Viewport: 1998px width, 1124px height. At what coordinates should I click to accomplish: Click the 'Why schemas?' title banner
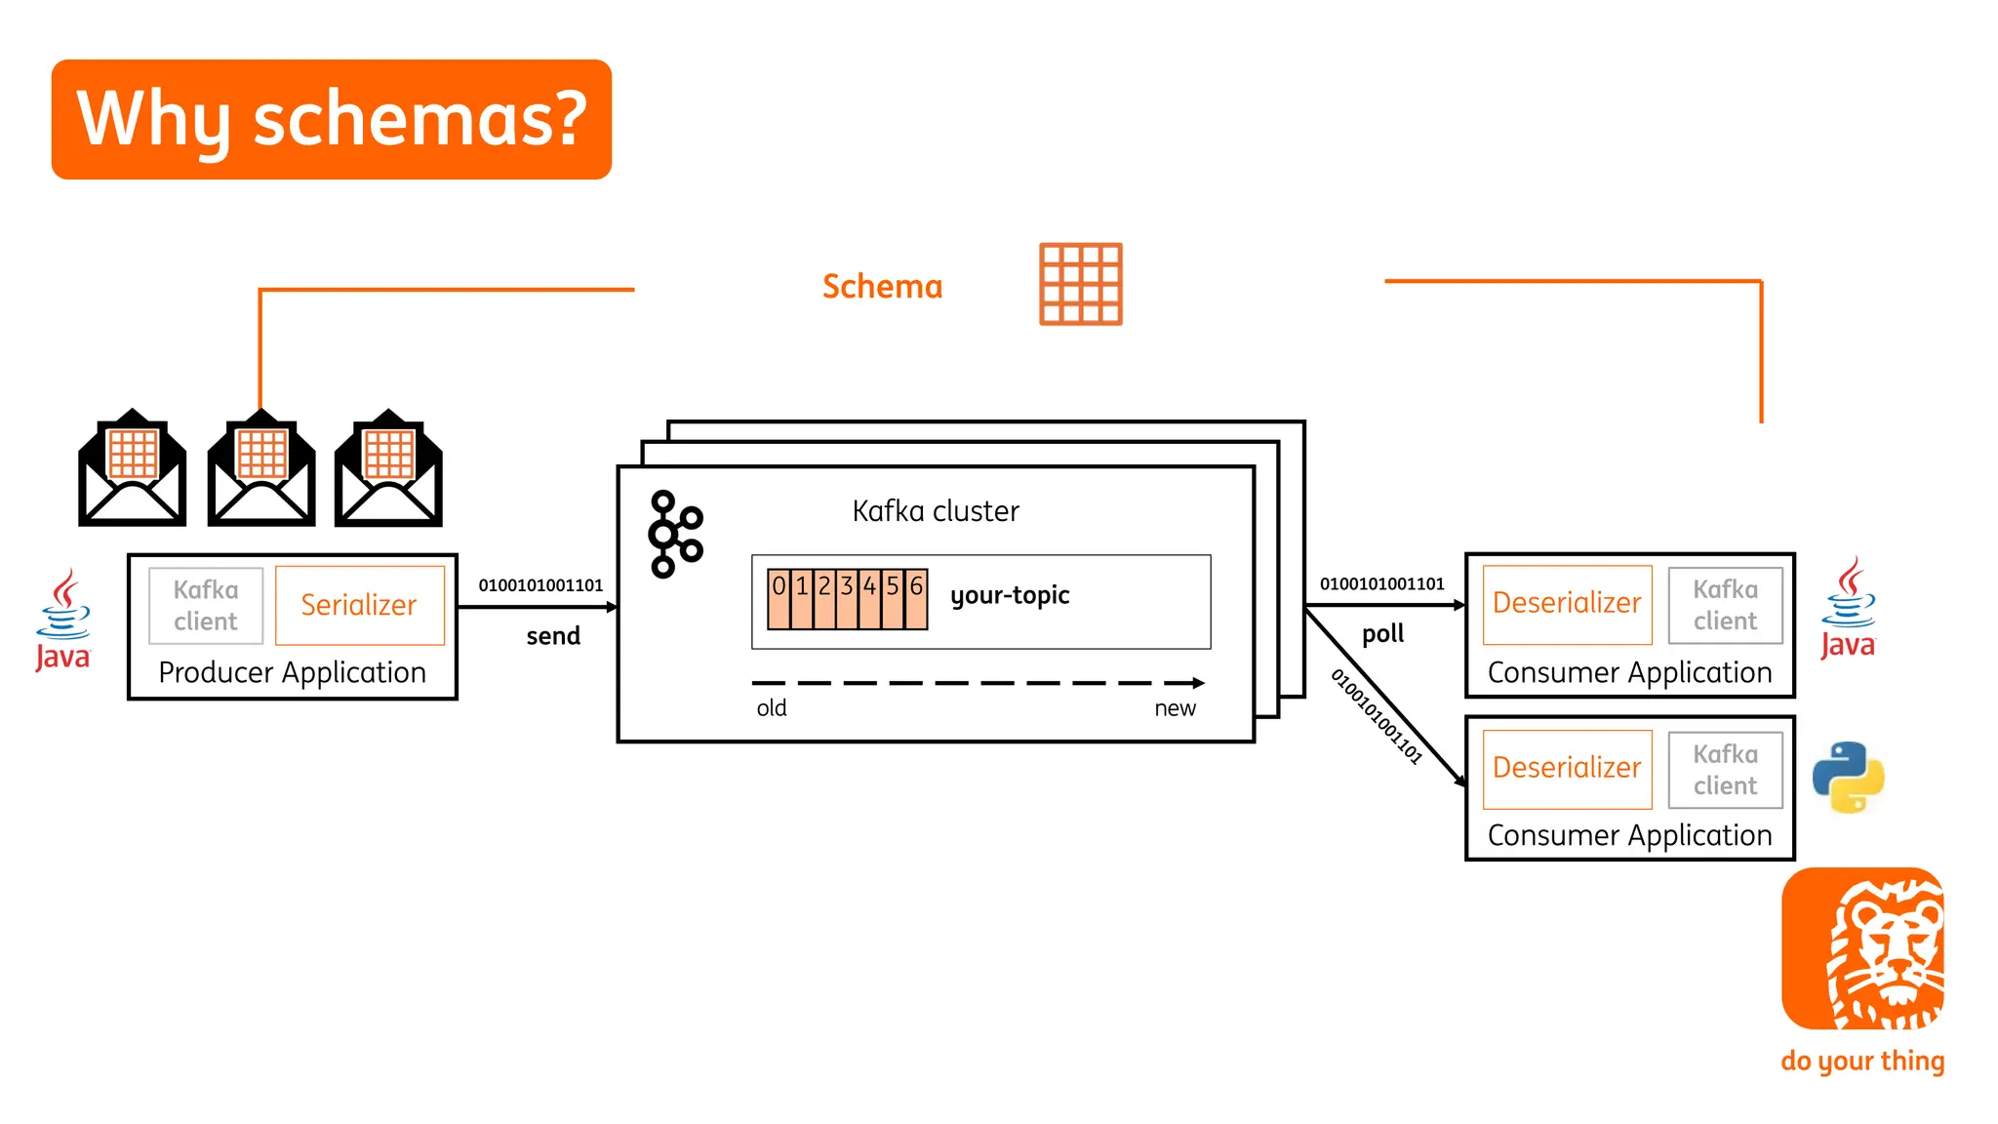[331, 119]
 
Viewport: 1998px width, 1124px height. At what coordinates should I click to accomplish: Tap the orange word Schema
[882, 287]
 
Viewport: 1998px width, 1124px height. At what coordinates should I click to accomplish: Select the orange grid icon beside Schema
[1080, 284]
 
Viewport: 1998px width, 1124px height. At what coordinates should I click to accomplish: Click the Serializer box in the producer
[359, 605]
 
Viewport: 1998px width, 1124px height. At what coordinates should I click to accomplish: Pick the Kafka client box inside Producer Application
[206, 606]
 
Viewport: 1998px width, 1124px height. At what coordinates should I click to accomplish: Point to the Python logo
[1848, 778]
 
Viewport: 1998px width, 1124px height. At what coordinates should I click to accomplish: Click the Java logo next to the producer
[63, 621]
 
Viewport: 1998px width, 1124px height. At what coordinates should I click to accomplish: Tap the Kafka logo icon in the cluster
[674, 534]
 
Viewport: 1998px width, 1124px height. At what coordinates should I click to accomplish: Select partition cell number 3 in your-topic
[847, 598]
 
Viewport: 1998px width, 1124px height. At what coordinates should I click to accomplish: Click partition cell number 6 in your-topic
[916, 598]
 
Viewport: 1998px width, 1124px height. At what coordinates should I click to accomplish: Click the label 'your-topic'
[1010, 595]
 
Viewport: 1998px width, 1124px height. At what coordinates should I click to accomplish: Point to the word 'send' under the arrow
[553, 636]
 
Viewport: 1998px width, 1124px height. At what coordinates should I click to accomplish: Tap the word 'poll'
[1382, 634]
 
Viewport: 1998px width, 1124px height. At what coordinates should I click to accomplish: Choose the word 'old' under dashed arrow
[771, 708]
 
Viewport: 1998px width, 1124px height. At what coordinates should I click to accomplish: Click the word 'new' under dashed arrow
[1175, 708]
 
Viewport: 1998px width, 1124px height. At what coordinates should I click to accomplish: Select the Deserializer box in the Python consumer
[1567, 769]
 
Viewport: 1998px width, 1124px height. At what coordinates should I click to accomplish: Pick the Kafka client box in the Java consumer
[1725, 605]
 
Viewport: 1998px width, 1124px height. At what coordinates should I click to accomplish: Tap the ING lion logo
[1862, 948]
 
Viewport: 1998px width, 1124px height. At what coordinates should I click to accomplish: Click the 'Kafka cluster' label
[935, 511]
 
